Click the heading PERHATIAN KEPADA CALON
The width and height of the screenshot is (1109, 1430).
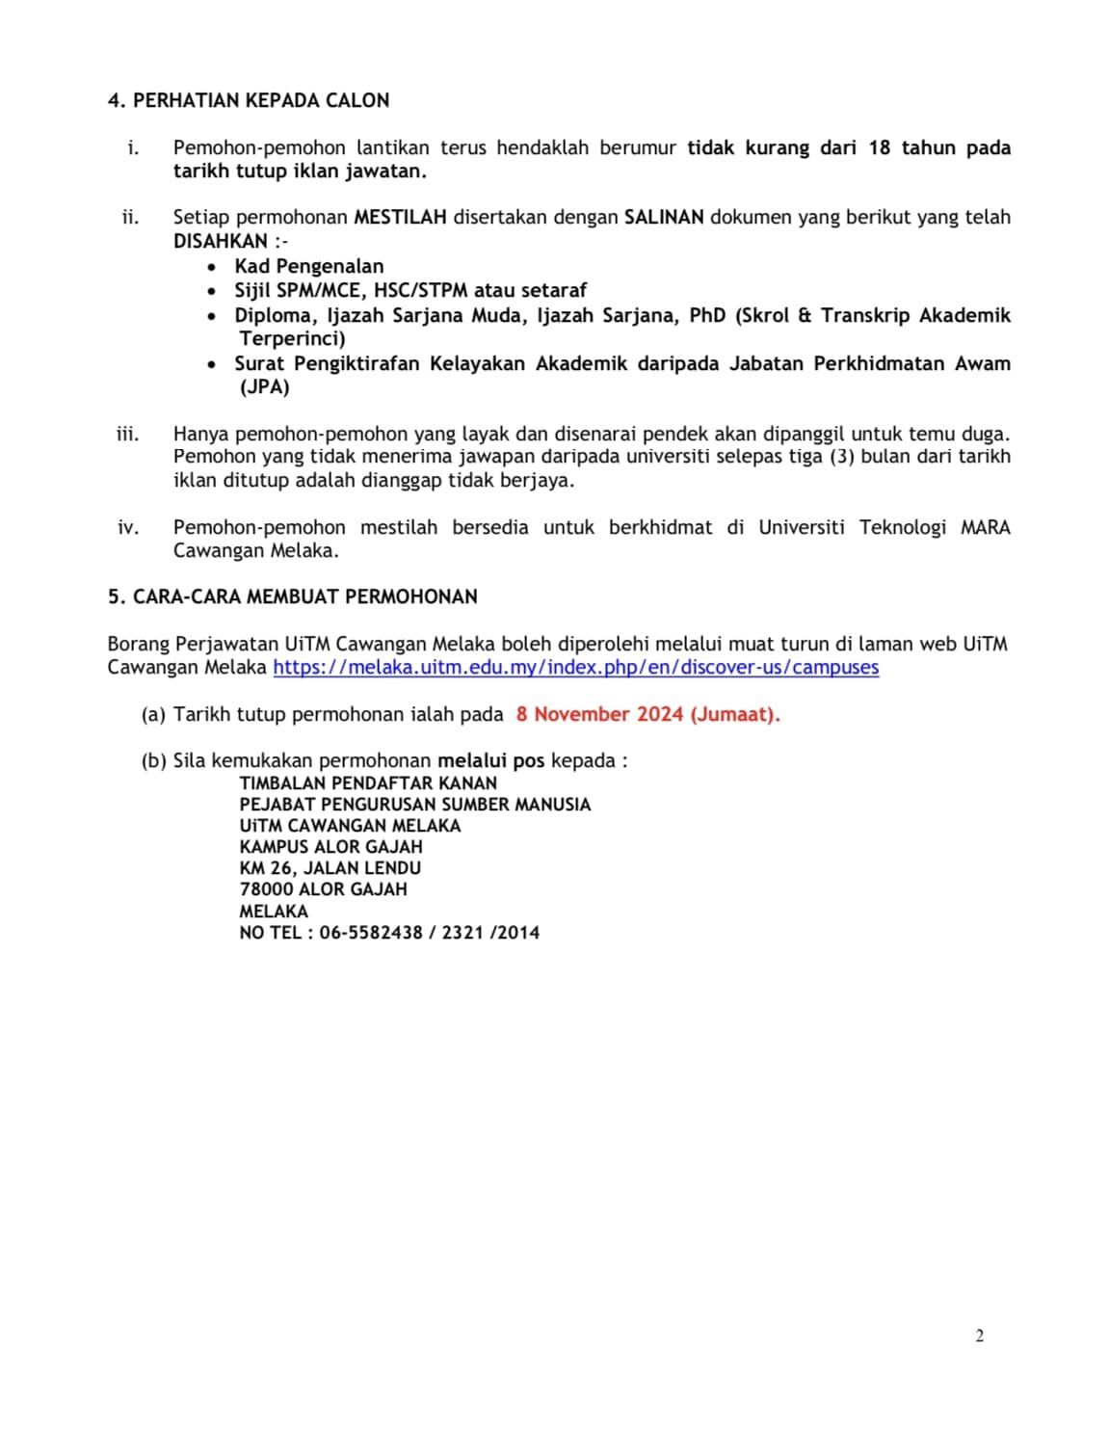tap(260, 100)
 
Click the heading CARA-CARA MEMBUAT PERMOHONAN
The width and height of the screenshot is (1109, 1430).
tap(304, 596)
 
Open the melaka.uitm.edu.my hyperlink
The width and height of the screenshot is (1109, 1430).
tap(575, 667)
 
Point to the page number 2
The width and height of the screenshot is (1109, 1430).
tap(979, 1336)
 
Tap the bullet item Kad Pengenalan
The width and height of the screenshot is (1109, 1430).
tap(308, 266)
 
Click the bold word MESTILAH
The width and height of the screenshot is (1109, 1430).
tap(400, 217)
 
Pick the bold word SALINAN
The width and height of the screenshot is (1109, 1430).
tap(664, 217)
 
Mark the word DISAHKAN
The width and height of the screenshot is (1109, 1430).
tap(221, 241)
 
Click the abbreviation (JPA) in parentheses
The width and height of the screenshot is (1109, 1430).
tap(264, 386)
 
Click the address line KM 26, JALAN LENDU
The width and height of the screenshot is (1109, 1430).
tap(330, 867)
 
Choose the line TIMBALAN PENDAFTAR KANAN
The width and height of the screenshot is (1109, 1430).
tap(368, 782)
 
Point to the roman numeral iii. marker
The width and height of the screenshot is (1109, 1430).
tap(127, 434)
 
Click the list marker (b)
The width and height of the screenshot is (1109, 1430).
tap(153, 760)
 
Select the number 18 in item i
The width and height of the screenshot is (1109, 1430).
tap(879, 147)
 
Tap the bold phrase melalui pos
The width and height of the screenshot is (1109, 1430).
tap(490, 760)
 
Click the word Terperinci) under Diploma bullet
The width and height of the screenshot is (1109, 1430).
tap(292, 338)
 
